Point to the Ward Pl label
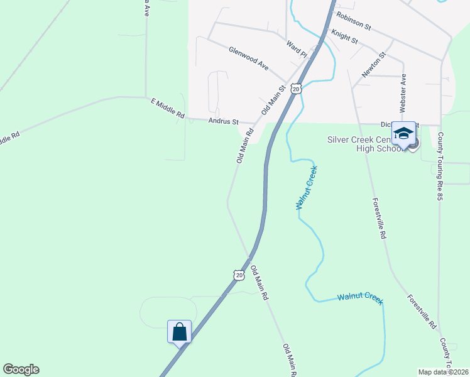pos(296,50)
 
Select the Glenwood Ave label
pos(248,58)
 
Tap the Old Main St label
pos(273,99)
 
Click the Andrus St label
pos(224,121)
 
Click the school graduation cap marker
pos(403,134)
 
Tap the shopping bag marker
pos(179,332)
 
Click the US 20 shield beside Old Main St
pos(297,89)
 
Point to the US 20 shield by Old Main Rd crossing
pos(238,275)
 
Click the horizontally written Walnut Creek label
pos(359,297)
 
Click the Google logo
pos(21,369)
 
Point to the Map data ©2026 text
pos(443,371)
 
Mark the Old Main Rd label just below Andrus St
pos(245,146)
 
